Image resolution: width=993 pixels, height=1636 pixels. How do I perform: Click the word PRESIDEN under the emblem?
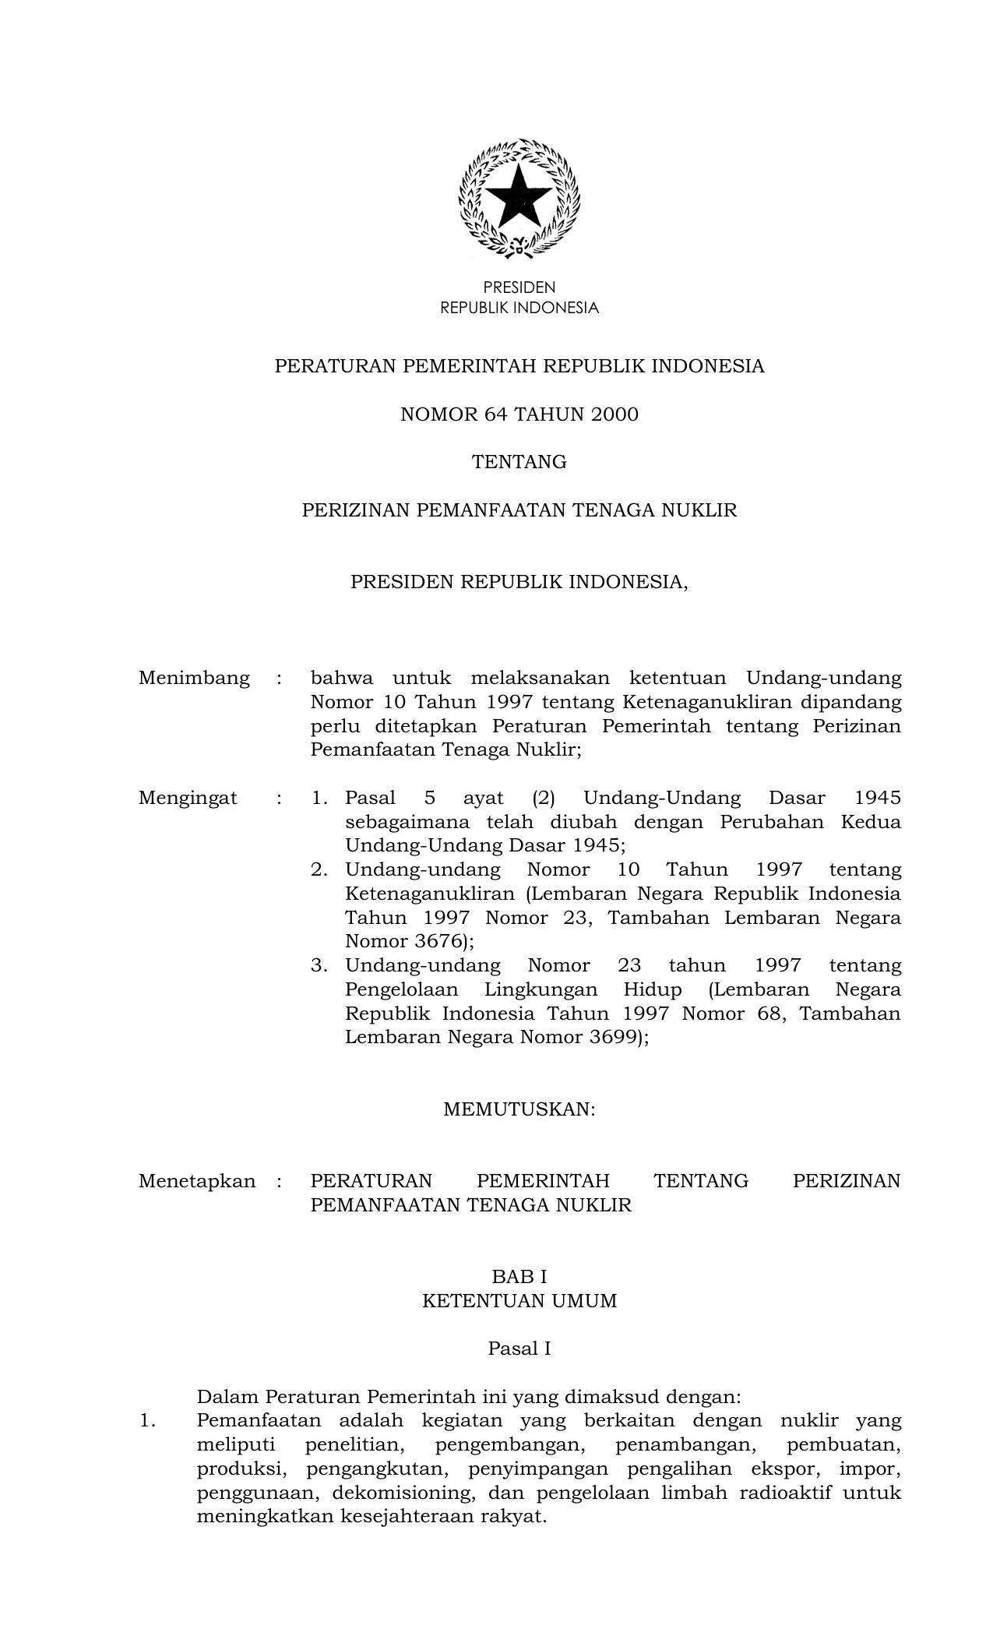pos(519,287)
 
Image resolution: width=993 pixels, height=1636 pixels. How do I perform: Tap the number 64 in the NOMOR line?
pos(495,414)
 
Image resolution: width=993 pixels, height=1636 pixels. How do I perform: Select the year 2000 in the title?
pos(614,414)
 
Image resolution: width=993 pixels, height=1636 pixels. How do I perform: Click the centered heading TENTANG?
pos(519,463)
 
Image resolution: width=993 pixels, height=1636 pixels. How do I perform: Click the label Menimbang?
pos(194,678)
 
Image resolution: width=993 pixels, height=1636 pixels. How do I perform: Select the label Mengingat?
pos(188,798)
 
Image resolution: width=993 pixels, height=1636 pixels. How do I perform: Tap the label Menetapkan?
pos(196,1181)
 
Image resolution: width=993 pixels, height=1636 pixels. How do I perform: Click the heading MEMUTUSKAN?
pos(519,1109)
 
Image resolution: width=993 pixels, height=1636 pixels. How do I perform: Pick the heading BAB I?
pos(519,1277)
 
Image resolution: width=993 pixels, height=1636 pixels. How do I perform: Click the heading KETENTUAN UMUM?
pos(519,1301)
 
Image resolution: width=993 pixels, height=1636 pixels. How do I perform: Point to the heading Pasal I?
pos(519,1349)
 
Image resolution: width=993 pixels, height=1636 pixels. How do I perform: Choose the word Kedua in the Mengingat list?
pos(871,822)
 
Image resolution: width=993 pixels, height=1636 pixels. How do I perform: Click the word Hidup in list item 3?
pos(653,989)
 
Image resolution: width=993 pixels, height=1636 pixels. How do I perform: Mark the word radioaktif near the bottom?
pos(787,1493)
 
